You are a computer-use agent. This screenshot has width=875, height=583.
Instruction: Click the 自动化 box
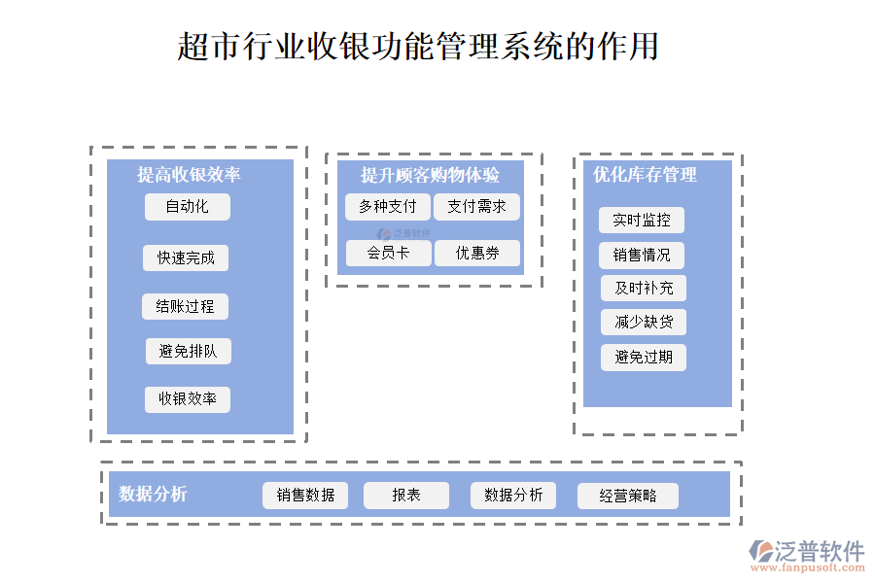click(188, 207)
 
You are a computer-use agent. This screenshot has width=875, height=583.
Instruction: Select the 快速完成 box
click(186, 257)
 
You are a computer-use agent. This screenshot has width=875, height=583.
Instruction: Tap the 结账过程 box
click(185, 307)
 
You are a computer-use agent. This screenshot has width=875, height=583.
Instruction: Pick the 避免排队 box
click(188, 352)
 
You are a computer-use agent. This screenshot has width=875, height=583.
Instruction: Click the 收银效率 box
click(188, 399)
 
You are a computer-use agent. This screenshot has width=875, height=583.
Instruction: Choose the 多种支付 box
click(387, 207)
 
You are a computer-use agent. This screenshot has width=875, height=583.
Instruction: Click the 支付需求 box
click(476, 207)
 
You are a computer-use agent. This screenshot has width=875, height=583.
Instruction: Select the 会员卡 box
click(387, 254)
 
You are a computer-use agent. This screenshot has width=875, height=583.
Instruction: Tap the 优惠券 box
click(476, 254)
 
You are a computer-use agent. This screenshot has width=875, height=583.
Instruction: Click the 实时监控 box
click(642, 221)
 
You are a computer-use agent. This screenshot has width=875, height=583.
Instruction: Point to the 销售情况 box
click(642, 256)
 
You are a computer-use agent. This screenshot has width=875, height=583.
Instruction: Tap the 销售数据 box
click(305, 496)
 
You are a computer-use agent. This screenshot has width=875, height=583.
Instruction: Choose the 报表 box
click(406, 496)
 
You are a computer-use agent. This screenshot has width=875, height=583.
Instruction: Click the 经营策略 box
click(628, 497)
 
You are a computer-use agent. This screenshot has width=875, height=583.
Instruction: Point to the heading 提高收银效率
click(189, 175)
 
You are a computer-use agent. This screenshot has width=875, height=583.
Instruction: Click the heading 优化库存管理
click(645, 175)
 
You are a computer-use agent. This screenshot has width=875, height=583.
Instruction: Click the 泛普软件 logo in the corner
click(806, 554)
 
